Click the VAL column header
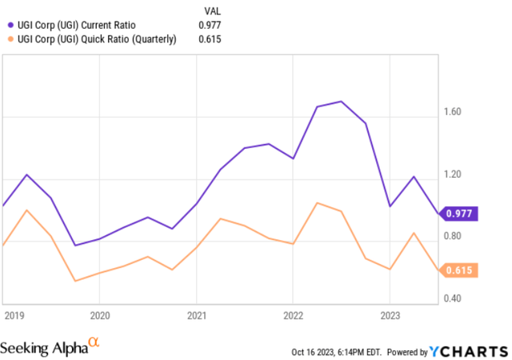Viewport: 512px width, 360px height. [x=208, y=11]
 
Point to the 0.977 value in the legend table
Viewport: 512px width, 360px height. [x=209, y=25]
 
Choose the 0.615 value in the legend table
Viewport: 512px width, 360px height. [x=209, y=38]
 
